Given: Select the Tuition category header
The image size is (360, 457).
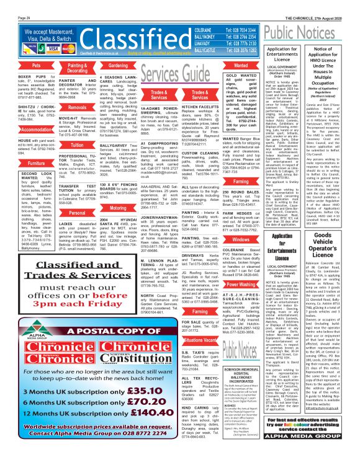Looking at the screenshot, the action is pyautogui.click(x=78, y=144).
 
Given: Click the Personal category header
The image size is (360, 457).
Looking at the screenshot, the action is pyautogui.click(x=78, y=213).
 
